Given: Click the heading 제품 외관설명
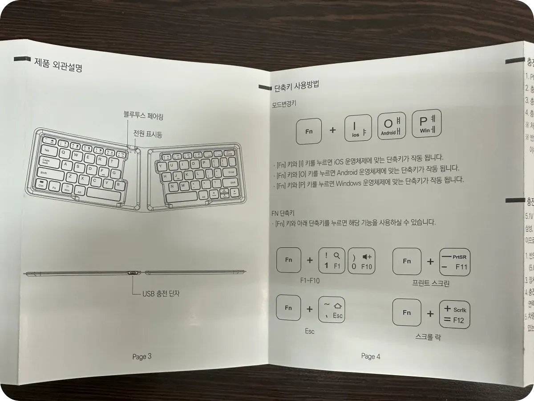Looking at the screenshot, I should coord(58,65).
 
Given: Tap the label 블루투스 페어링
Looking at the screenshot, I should coord(144,116).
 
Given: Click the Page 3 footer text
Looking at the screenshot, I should coord(142,356).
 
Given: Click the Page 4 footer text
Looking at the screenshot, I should coord(371,356).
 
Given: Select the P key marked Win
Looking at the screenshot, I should coord(426,123).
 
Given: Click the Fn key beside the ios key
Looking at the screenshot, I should coord(309,131).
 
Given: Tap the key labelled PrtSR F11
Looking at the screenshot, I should coord(455,262).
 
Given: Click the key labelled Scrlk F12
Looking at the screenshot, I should coord(454,314).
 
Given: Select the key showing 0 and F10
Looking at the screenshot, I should coord(362,261).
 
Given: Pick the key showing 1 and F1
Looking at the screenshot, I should coord(332,261).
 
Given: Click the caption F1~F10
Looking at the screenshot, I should coord(310,281).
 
